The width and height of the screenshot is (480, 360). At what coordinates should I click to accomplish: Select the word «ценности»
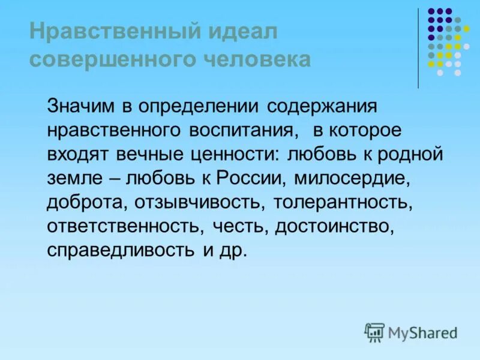235,154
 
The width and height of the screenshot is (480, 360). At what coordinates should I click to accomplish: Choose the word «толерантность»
343,202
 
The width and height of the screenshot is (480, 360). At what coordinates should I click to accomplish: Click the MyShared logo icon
374,332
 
